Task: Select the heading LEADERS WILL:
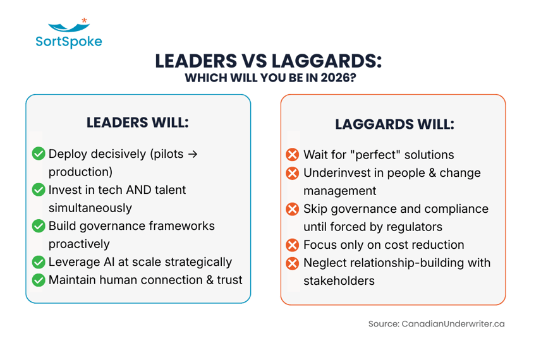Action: (138, 123)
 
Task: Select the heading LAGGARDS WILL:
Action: (394, 124)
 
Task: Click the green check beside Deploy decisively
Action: (39, 153)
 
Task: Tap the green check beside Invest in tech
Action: (39, 189)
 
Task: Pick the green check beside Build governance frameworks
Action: (39, 225)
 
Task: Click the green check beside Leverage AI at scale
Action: (39, 261)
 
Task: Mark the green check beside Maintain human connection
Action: (39, 279)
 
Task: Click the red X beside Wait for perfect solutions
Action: (292, 155)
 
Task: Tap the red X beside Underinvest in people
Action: (292, 172)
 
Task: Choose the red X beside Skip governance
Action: (292, 208)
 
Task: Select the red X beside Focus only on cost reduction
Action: (292, 244)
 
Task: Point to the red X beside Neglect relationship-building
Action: (292, 263)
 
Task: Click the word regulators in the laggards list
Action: (416, 226)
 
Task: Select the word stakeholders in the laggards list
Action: (339, 280)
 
